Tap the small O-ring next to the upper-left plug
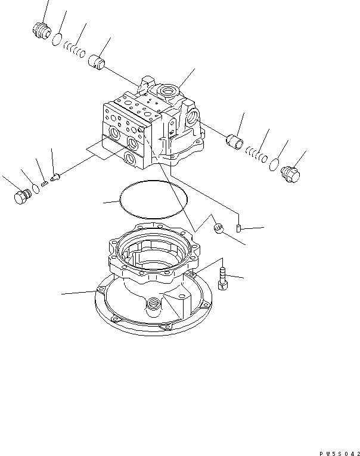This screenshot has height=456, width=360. (57, 39)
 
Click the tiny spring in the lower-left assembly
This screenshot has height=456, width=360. (45, 183)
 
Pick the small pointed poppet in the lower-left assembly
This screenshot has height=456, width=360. (55, 177)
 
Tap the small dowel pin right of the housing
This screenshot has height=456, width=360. (239, 228)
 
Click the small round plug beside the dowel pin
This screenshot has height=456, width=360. (218, 228)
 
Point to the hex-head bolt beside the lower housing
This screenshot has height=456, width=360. (223, 279)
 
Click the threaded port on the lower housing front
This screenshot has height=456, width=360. (154, 303)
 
